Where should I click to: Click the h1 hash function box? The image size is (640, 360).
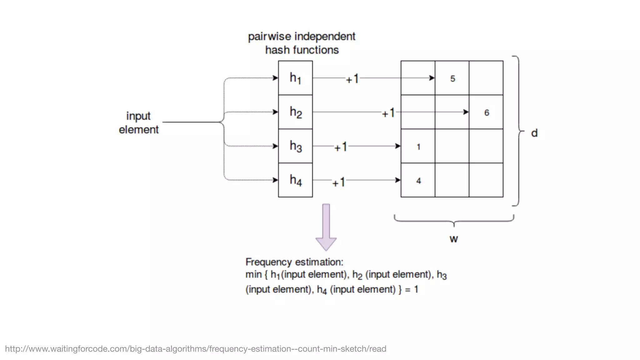(295, 78)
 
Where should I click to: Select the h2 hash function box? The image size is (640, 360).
(295, 112)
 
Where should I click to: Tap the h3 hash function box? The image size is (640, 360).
(295, 146)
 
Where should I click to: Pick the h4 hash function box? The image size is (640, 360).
(295, 180)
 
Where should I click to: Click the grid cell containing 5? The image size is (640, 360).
(452, 78)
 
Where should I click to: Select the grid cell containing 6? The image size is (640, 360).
(486, 112)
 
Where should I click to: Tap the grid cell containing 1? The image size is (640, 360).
(418, 146)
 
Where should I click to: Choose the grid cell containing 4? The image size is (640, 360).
(418, 180)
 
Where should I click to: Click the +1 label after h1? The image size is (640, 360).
(352, 79)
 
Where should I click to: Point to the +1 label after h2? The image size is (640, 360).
(388, 113)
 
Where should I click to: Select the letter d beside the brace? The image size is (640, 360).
(534, 133)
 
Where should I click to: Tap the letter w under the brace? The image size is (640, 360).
(454, 239)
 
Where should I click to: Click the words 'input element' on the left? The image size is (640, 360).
(138, 122)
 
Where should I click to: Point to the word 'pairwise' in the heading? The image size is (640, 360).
(269, 37)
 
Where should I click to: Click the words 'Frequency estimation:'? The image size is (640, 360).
(294, 262)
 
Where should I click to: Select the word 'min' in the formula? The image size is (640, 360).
(253, 275)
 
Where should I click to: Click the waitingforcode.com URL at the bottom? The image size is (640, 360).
(196, 349)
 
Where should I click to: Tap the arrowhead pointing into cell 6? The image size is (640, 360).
(466, 112)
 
